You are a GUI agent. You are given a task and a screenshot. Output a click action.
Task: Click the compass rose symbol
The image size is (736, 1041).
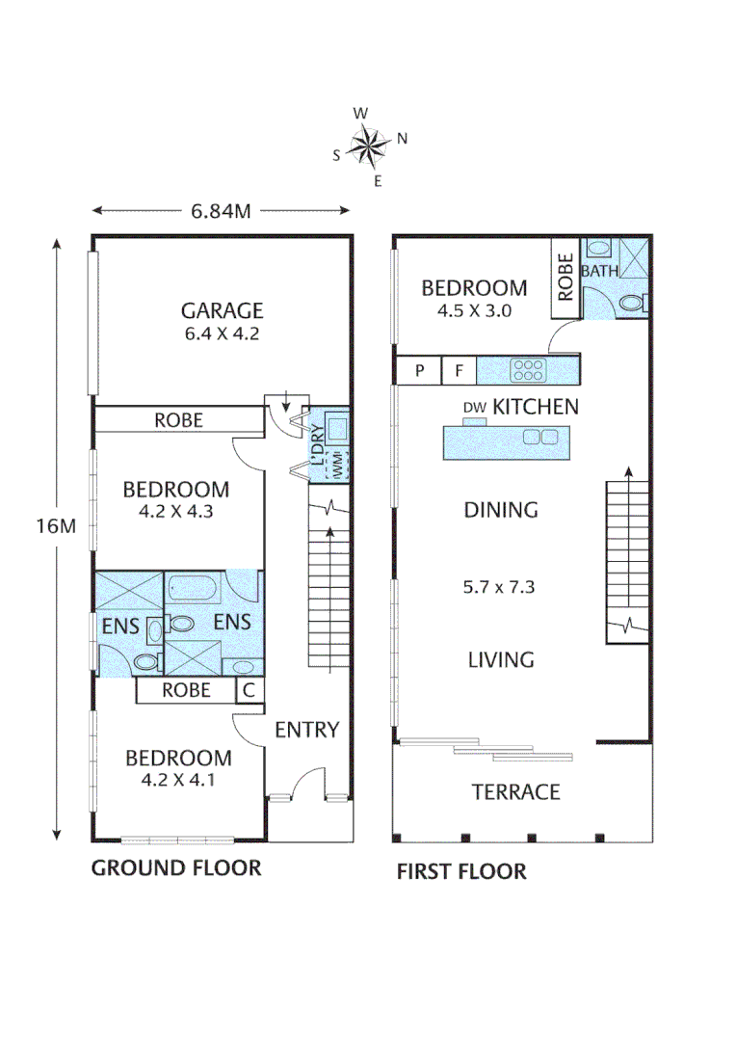366,146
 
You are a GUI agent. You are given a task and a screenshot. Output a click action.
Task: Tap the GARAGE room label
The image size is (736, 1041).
222,310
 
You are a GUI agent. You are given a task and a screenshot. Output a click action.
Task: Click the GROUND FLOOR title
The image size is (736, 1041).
176,868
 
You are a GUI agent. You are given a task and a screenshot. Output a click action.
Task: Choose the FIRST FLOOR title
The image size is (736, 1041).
461,872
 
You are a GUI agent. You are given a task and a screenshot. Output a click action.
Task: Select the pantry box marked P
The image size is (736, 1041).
419,369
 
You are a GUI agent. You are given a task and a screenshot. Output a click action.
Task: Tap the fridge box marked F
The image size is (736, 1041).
460,369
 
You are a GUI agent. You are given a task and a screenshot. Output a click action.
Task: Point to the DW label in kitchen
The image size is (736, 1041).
474,408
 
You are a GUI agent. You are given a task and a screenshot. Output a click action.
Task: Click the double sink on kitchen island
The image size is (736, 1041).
539,437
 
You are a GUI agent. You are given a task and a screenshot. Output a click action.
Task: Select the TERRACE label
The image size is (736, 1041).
515,792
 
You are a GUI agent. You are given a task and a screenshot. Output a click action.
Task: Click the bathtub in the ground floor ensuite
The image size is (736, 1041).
196,588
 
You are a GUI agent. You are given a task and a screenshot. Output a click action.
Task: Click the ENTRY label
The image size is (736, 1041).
307,730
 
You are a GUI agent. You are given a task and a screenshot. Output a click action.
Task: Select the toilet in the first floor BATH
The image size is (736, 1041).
630,304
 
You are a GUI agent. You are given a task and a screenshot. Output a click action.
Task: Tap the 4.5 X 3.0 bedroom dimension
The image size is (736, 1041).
474,310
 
